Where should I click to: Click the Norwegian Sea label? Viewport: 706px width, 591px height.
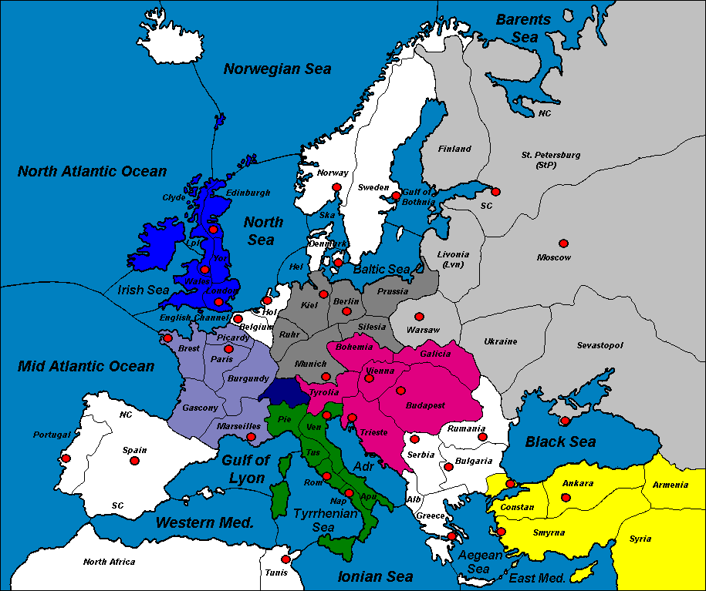(278, 69)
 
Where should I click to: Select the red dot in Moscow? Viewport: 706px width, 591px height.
(564, 243)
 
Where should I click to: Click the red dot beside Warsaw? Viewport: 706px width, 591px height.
(419, 316)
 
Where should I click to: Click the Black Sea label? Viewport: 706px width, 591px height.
(560, 442)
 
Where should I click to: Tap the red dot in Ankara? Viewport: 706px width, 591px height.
(566, 498)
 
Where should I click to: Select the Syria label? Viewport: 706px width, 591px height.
(640, 539)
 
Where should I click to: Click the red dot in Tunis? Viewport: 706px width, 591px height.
(286, 559)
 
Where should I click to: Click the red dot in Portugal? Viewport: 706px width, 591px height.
(66, 458)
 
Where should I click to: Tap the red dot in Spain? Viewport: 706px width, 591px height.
(134, 461)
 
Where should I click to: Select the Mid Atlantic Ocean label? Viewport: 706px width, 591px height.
(86, 366)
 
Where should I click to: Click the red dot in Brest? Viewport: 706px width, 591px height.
(167, 337)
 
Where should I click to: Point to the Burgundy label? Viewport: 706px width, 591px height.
(248, 379)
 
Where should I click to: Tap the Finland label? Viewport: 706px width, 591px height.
(454, 149)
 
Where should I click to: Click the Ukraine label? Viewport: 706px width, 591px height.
(500, 341)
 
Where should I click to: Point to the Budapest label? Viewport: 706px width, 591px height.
(426, 405)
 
